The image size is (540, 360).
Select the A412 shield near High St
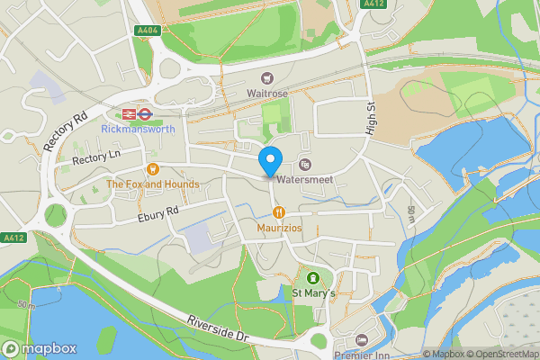coord(373,4)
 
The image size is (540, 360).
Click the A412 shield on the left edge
coord(11,238)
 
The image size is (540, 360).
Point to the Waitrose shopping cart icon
coord(266,78)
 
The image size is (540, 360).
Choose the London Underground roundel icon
coord(144,114)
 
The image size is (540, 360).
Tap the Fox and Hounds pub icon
coord(152,169)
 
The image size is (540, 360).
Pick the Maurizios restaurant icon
coord(279,212)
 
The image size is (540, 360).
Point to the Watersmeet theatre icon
coord(305,165)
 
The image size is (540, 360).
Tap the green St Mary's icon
coord(313,278)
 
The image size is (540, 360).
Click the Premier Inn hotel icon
coord(362,339)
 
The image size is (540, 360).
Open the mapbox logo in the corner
coord(40,348)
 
